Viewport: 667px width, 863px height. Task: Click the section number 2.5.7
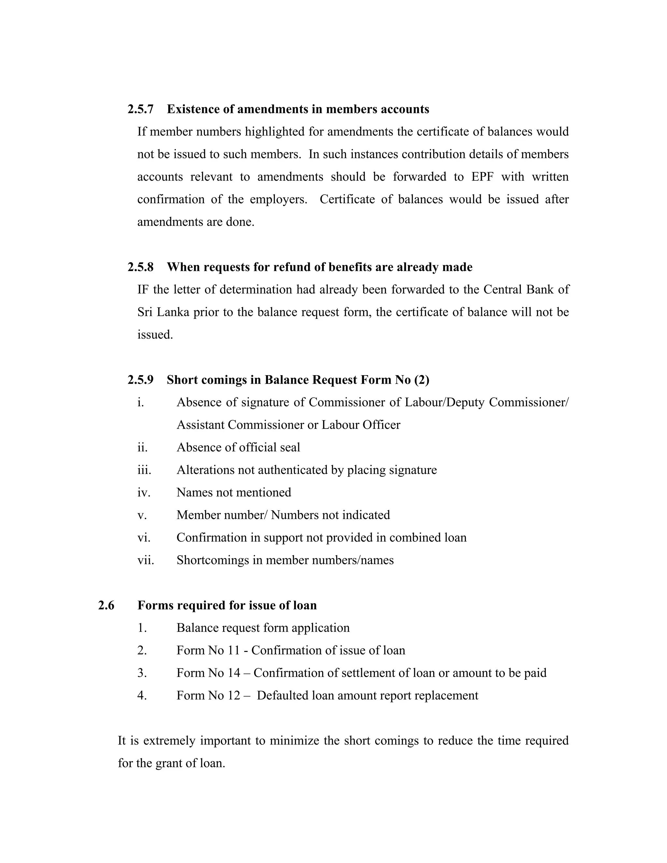pos(140,109)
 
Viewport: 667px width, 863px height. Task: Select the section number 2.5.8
pos(140,267)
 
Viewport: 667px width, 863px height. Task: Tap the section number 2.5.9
pos(140,380)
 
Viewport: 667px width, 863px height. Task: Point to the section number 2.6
pos(106,605)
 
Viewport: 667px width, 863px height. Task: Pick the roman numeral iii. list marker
pos(144,470)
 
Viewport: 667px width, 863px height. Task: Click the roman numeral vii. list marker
pos(145,560)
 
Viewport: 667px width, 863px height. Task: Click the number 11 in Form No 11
pos(234,650)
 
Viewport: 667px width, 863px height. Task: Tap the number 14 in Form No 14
pos(234,673)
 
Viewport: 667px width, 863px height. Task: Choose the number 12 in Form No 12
pos(234,696)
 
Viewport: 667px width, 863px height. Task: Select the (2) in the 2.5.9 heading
pos(422,380)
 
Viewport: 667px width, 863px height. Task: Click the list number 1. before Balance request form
pos(142,628)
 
